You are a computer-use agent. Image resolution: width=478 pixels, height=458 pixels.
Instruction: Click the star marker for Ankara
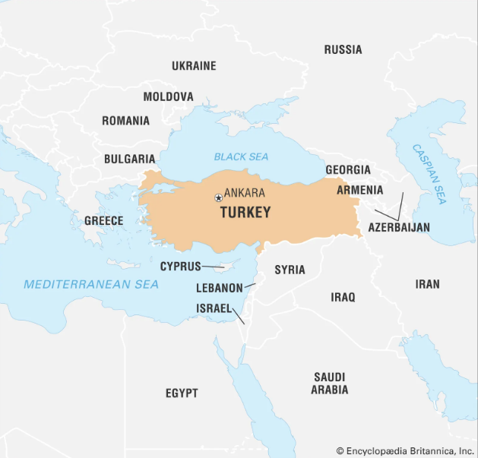coord(219,197)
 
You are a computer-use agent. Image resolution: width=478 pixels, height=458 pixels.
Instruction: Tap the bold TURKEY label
coord(245,213)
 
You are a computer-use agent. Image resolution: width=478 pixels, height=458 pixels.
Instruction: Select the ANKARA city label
coord(245,194)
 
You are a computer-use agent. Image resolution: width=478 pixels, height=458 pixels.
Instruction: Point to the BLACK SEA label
coord(241,156)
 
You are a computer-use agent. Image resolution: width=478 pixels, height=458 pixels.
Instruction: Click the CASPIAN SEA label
coord(429,173)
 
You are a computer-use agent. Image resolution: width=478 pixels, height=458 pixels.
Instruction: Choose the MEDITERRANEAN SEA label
coord(91,284)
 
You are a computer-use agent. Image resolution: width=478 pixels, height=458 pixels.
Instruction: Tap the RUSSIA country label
coord(343,49)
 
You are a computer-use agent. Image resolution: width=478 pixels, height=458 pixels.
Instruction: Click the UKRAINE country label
coord(194,66)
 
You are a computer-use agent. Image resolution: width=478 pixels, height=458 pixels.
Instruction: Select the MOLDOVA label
coord(168,96)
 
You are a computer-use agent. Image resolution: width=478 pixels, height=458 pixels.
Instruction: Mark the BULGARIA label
coord(129,160)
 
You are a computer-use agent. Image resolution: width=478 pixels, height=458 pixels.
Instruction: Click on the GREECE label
coord(103,220)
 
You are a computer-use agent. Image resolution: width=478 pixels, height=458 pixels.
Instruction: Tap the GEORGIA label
coord(348,169)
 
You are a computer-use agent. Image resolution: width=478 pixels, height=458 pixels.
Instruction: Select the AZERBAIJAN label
coord(399,227)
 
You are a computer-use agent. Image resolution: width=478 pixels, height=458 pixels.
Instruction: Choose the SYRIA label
coord(290,270)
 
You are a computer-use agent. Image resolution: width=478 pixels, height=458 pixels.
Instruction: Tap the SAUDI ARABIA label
coord(329,383)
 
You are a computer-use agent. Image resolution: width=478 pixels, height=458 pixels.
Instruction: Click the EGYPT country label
coord(182,393)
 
